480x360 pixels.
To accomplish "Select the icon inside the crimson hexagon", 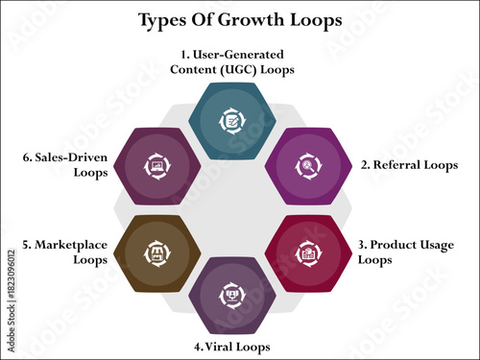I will pyautogui.click(x=307, y=253).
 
